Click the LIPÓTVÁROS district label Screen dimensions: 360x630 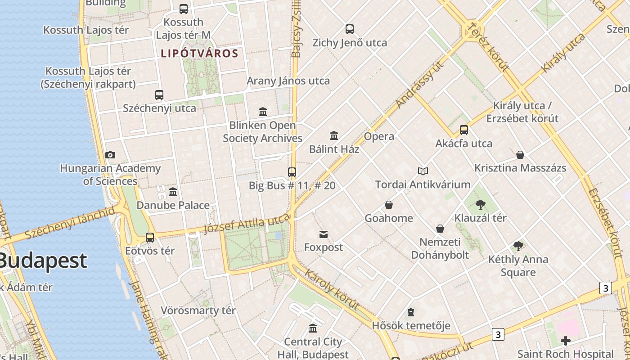click(x=199, y=54)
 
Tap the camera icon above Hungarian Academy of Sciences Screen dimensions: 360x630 click(x=110, y=155)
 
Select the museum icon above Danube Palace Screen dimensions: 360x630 click(x=173, y=192)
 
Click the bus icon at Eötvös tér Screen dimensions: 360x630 click(x=150, y=237)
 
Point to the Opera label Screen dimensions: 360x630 click(x=379, y=136)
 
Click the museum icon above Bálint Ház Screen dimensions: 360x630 click(x=334, y=135)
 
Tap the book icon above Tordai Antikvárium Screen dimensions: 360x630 click(x=423, y=171)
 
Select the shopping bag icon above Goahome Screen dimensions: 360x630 click(x=389, y=205)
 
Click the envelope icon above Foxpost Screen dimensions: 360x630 click(x=323, y=234)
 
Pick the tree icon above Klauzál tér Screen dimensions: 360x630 click(x=480, y=205)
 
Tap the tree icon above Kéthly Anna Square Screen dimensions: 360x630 click(x=518, y=246)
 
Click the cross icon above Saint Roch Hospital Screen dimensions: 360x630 click(x=565, y=341)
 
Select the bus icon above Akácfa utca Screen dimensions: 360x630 click(x=464, y=130)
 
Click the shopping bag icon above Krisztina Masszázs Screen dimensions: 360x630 click(x=520, y=155)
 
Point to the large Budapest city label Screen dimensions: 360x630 click(x=43, y=261)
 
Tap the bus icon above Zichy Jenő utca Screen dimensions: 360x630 click(x=350, y=29)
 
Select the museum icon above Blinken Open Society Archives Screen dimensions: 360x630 click(x=263, y=112)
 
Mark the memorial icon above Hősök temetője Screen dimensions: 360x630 click(x=411, y=312)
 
